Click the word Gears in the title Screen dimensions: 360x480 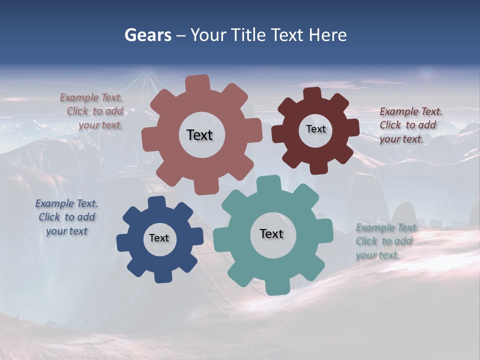(147, 35)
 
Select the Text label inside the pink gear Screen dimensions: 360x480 (199, 135)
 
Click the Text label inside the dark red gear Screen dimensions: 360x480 (315, 129)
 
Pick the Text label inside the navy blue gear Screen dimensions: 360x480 (159, 238)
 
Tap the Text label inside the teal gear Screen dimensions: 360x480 (271, 233)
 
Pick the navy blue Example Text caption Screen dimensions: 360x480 (66, 217)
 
